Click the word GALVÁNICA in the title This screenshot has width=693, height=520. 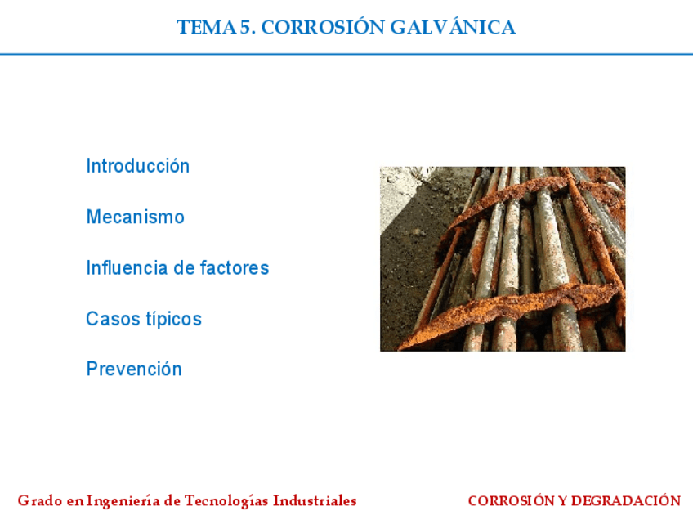coord(453,27)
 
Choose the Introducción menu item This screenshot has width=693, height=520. coord(138,166)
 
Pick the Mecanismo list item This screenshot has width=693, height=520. coord(136,217)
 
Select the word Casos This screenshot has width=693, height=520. coord(113,318)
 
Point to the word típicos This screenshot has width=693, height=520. coord(173,319)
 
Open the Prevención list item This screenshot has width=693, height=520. coord(134,369)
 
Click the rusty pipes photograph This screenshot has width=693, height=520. coord(503,259)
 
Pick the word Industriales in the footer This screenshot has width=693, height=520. coord(315,500)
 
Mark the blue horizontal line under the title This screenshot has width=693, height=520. coord(346,54)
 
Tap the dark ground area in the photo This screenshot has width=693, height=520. coord(409,270)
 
